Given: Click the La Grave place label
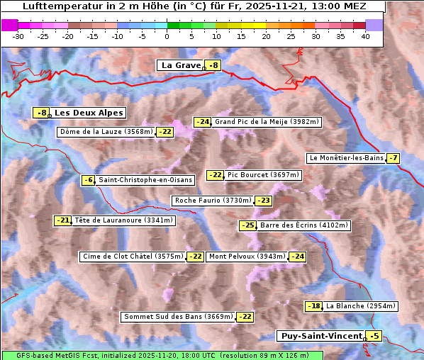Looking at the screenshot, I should (x=180, y=65).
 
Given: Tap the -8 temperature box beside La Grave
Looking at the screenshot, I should (x=213, y=65).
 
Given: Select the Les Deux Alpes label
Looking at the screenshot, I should (x=89, y=113).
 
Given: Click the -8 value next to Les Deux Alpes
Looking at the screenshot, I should (x=42, y=113).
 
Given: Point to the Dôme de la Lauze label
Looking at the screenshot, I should (x=106, y=132).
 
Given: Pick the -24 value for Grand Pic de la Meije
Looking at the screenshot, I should (x=203, y=122).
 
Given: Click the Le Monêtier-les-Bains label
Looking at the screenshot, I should (x=345, y=158).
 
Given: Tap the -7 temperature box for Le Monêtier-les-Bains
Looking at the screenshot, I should (x=393, y=158).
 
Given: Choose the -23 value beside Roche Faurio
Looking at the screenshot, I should (x=263, y=201).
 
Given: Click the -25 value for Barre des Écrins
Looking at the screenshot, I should (x=247, y=225).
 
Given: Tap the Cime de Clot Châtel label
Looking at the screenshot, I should (x=132, y=257).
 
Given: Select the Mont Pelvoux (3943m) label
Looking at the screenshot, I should (x=247, y=257).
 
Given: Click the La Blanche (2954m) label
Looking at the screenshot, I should (x=360, y=306).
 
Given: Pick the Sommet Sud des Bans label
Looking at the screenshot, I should (x=177, y=317).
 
